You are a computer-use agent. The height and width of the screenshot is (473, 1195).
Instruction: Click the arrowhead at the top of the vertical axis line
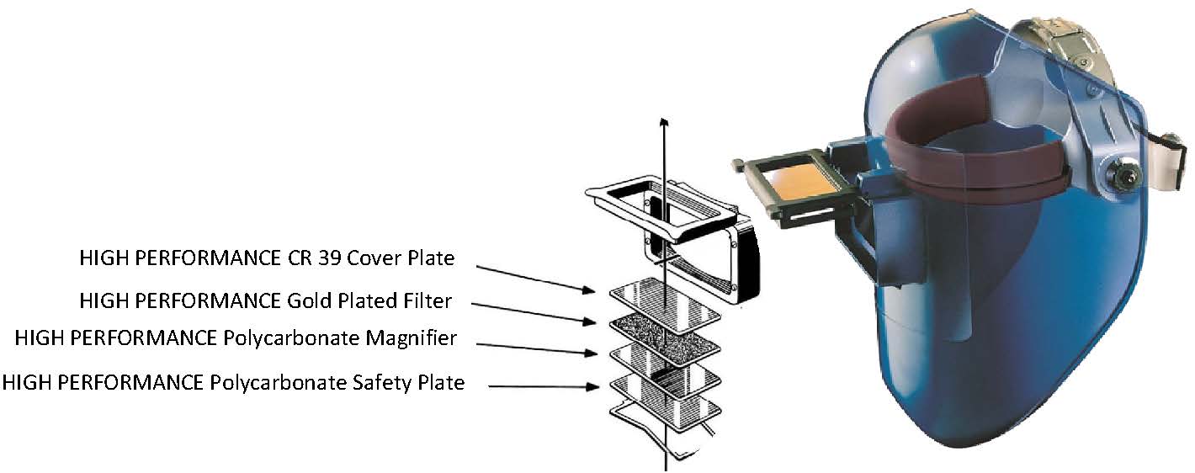pyautogui.click(x=666, y=125)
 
